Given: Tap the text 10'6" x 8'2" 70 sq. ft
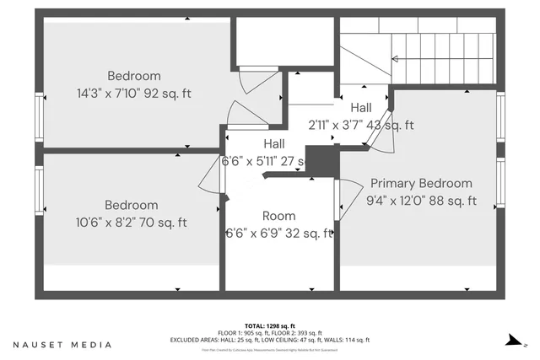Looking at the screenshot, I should click(x=131, y=223).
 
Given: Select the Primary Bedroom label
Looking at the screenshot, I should click(x=421, y=183).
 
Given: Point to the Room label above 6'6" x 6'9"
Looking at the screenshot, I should click(x=278, y=216).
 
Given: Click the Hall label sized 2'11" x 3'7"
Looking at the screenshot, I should click(x=361, y=108).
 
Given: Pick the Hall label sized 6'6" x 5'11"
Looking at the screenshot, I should click(x=273, y=143).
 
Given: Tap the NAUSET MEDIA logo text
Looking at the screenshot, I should click(x=62, y=345).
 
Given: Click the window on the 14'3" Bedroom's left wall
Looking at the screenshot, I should click(x=39, y=116).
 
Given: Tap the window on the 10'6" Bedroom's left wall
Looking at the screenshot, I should click(x=39, y=191).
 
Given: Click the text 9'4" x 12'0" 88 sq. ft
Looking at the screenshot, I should click(x=421, y=201).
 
